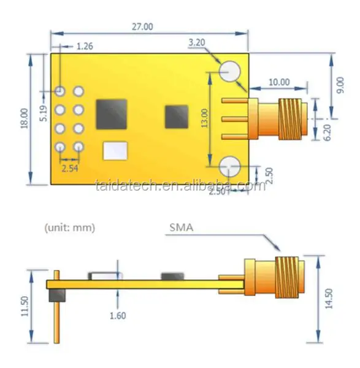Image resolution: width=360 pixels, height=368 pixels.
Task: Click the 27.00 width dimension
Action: [142, 26]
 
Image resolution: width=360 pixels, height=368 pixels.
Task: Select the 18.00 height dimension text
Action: [24, 118]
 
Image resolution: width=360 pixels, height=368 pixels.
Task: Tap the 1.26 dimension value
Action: [85, 46]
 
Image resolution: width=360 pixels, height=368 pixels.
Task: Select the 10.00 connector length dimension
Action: [279, 82]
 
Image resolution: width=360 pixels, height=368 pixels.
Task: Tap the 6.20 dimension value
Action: [326, 131]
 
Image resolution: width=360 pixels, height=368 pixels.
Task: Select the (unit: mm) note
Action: [70, 227]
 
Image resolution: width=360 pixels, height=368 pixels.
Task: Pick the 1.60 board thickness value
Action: [118, 315]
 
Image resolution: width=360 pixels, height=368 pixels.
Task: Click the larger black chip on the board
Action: [112, 113]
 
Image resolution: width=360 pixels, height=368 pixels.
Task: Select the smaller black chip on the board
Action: [177, 116]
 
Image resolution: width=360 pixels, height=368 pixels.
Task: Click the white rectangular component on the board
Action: [115, 151]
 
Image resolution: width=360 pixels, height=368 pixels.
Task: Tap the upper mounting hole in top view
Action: [230, 72]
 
